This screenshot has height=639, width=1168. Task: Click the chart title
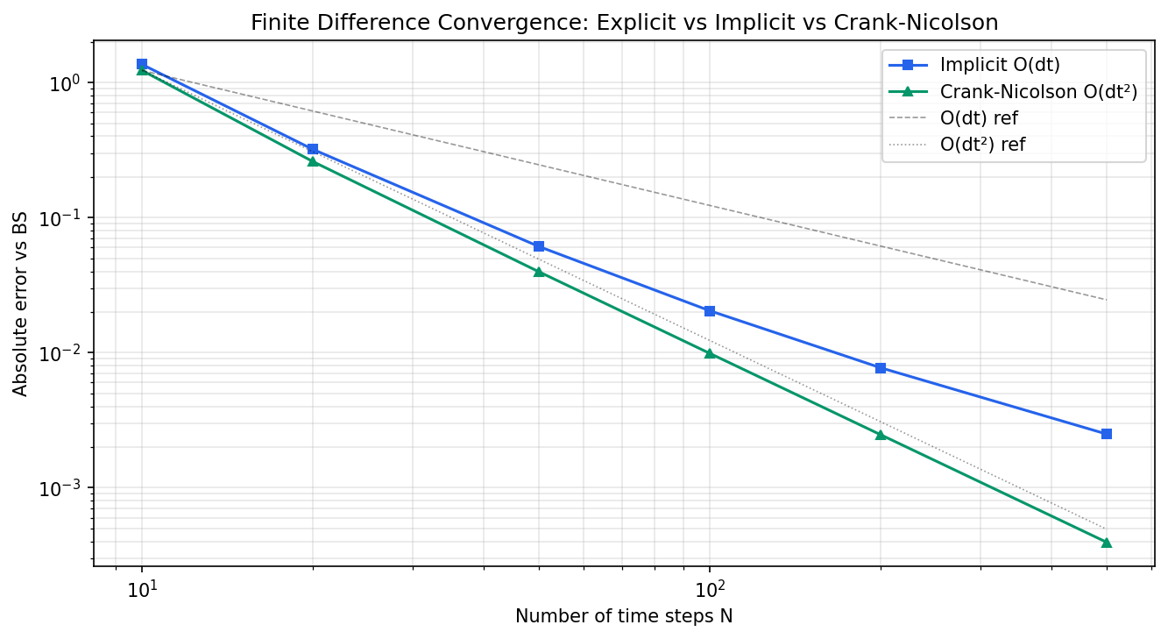point(624,23)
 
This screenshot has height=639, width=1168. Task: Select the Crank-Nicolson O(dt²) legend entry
point(1038,91)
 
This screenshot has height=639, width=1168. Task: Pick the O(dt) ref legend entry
point(979,117)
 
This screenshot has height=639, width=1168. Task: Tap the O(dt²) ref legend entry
point(982,145)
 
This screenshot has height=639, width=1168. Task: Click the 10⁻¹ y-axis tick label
point(62,218)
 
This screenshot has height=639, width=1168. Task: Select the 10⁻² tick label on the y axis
point(62,353)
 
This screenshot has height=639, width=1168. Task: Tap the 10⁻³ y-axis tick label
point(62,488)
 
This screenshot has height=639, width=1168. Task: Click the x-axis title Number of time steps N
point(624,616)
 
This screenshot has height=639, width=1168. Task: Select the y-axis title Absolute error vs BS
point(21,303)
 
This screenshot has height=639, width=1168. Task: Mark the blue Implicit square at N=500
point(1107,434)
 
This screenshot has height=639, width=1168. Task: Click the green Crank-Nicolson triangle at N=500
point(1107,543)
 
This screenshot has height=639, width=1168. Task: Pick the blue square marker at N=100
point(710,311)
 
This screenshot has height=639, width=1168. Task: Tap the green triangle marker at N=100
point(710,353)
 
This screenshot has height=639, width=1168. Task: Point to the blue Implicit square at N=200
point(881,368)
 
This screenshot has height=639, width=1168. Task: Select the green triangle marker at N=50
point(539,272)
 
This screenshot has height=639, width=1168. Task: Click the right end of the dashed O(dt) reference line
point(1107,300)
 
